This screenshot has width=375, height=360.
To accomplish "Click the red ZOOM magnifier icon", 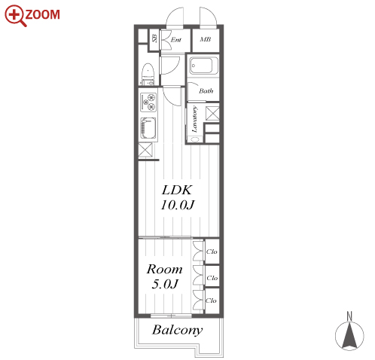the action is [15, 15].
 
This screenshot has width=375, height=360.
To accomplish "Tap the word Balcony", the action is [177, 330].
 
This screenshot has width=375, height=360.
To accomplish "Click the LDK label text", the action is [177, 190].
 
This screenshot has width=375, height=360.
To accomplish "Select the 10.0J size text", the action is [177, 205].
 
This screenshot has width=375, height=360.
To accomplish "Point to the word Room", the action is [164, 269].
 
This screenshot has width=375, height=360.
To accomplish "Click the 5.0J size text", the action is [165, 284].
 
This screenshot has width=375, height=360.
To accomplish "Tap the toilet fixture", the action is [148, 74].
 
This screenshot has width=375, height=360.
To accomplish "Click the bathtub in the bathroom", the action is [203, 66].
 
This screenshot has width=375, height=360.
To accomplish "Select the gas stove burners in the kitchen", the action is [148, 102].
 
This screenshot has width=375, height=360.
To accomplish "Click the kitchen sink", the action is [148, 128].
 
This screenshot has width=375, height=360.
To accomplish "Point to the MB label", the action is [206, 39].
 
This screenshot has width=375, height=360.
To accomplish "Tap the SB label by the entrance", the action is [154, 38].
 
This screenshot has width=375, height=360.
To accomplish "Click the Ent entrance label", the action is [175, 40].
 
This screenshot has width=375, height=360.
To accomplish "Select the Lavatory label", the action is [194, 119].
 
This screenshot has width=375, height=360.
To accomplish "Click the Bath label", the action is [206, 90].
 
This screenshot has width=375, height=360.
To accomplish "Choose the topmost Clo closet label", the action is [212, 252].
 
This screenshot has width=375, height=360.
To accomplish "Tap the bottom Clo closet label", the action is [211, 301].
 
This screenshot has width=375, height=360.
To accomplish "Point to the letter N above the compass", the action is [349, 316].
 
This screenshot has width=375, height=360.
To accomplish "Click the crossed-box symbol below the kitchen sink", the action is [145, 150].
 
